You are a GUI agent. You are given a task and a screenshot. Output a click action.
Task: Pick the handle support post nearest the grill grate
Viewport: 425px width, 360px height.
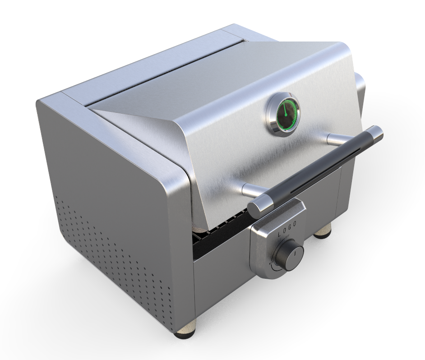click(250, 189)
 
